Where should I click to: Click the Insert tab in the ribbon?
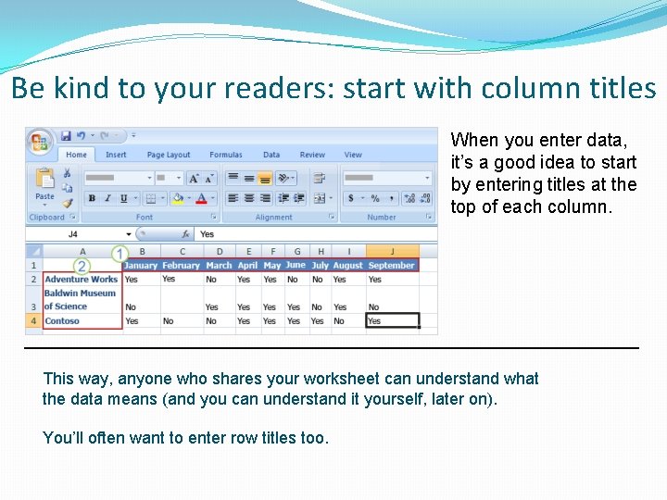pos(116,155)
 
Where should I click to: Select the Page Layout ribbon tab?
pos(169,155)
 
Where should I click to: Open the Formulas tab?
pos(226,155)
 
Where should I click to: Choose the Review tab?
pos(312,155)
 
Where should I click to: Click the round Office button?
pos(40,142)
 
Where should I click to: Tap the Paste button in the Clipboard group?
pos(44,184)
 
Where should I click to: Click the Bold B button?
pos(92,198)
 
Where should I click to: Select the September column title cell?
pos(392,266)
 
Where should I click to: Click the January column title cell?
pos(141,266)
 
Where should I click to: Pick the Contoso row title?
pos(62,321)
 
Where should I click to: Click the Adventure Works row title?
pos(82,279)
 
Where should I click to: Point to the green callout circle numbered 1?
pos(120,253)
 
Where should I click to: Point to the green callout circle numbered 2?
pos(82,266)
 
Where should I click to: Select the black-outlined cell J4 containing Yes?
pos(392,321)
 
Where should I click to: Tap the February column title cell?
pos(182,266)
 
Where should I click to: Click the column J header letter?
pos(392,251)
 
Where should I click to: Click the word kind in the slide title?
pos(85,89)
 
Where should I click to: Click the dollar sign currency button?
pos(352,198)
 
